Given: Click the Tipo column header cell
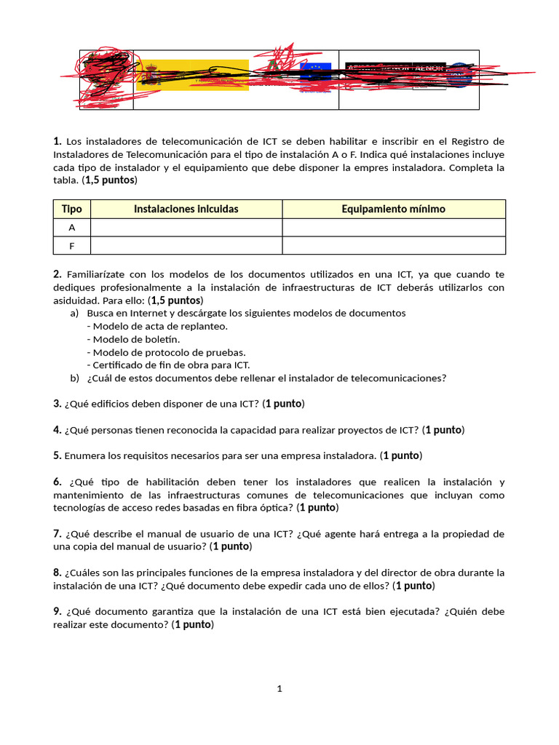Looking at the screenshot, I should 71,209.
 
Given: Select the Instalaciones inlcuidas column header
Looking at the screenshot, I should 186,209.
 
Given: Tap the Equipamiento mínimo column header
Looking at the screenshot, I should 393,209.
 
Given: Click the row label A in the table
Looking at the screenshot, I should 71,227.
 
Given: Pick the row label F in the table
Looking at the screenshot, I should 71,246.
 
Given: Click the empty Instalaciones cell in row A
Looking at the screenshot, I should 186,227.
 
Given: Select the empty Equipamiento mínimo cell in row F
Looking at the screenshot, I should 393,246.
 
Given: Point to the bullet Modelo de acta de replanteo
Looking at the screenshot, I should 157,326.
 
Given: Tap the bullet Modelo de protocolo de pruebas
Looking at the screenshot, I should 166,352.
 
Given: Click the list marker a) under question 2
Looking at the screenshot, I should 74,313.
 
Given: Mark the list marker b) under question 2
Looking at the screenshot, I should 74,378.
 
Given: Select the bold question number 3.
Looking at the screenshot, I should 57,404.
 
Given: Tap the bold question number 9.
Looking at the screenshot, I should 57,611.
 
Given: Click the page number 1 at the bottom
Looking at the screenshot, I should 279,689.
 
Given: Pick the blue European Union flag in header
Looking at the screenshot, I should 315,71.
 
